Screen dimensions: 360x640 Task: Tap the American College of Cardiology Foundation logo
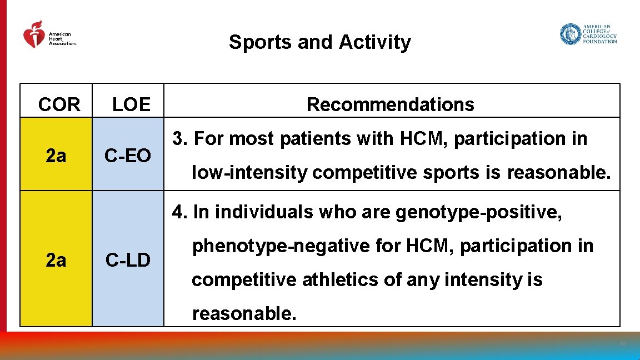point(588,34)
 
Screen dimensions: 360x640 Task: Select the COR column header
point(59,104)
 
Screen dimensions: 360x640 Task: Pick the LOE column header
point(131,104)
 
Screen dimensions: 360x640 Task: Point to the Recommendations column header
point(390,104)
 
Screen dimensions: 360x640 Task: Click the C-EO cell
point(128,157)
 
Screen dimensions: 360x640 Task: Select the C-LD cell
point(128,259)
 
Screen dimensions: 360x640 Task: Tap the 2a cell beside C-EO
point(56,157)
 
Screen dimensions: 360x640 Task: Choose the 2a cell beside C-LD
point(56,259)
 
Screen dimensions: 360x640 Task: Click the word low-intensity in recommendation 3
point(249,173)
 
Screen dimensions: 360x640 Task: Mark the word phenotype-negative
point(281,246)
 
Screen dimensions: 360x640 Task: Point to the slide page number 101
point(623,344)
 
